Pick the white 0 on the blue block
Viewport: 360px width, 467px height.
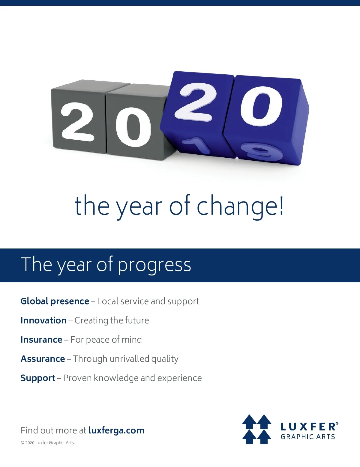pyautogui.click(x=261, y=106)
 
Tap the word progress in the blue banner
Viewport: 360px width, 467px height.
pyautogui.click(x=154, y=266)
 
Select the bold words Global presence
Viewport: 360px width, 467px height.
pyautogui.click(x=55, y=302)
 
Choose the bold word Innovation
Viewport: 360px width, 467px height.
pyautogui.click(x=43, y=320)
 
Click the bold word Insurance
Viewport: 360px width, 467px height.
pyautogui.click(x=41, y=340)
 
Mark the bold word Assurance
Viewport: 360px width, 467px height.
pyautogui.click(x=43, y=359)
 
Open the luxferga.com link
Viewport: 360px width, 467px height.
pyautogui.click(x=116, y=430)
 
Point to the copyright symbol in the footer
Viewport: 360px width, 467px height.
pyautogui.click(x=22, y=443)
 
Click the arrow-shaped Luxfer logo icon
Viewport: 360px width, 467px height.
pyautogui.click(x=256, y=429)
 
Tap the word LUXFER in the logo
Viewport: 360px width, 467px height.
pyautogui.click(x=308, y=427)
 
